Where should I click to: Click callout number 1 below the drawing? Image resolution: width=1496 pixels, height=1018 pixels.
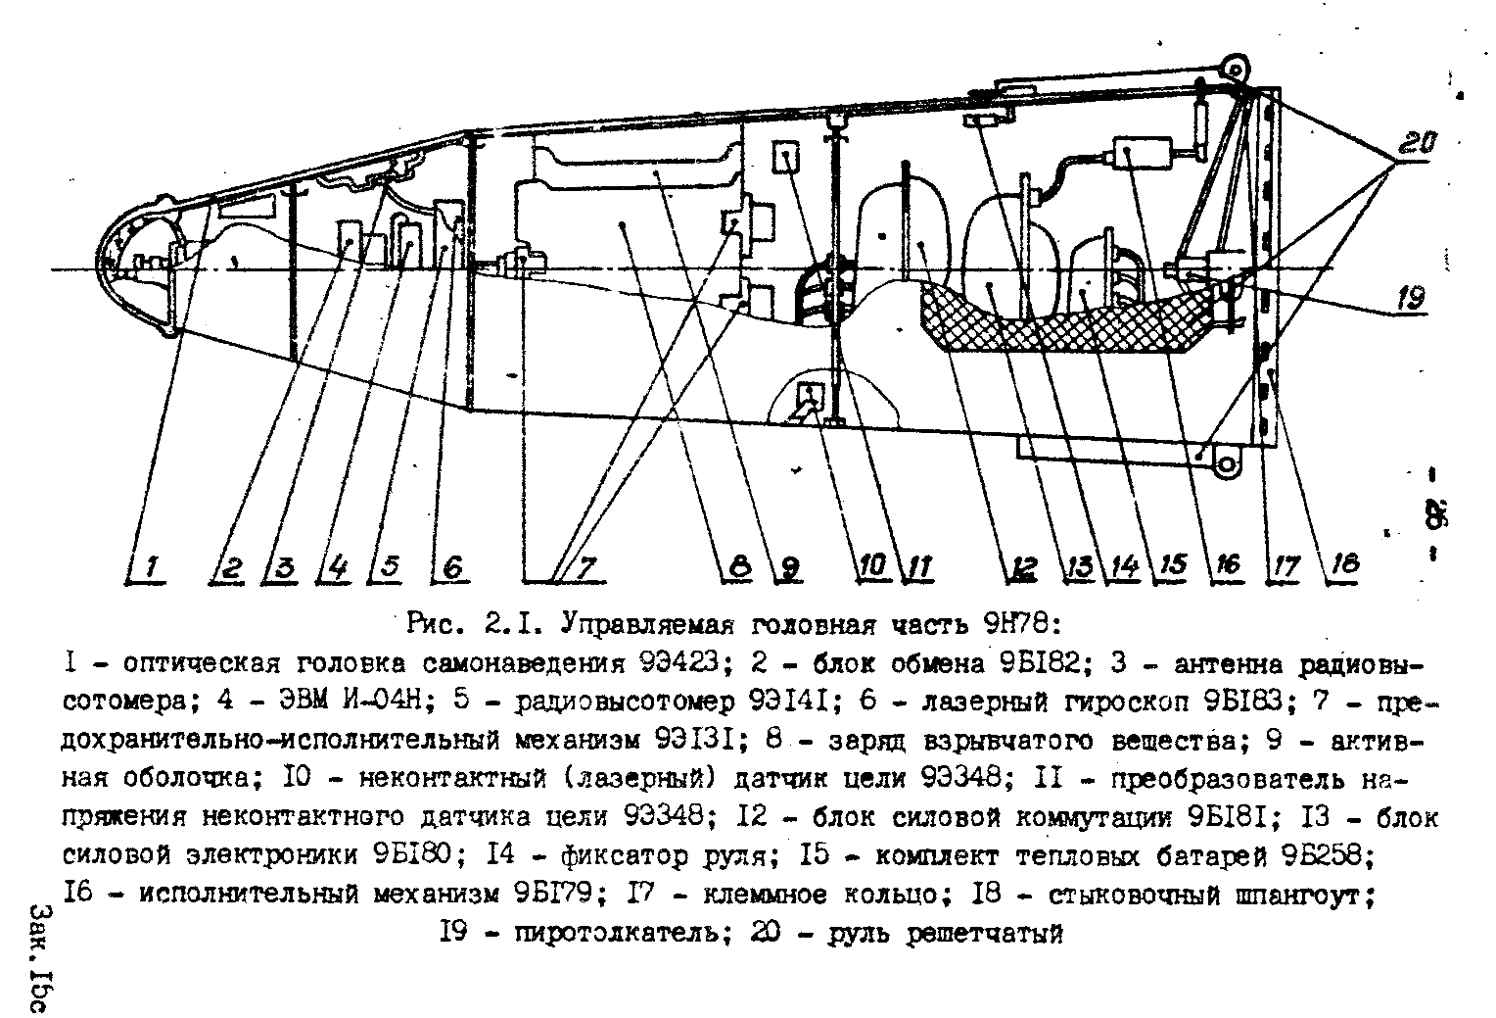153,567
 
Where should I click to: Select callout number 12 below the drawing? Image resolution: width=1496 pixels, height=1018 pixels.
1024,567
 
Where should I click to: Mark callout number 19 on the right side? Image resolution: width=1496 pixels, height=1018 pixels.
1410,298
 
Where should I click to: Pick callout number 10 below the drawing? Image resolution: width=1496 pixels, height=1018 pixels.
873,565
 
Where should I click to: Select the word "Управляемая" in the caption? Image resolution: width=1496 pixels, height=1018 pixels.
643,624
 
